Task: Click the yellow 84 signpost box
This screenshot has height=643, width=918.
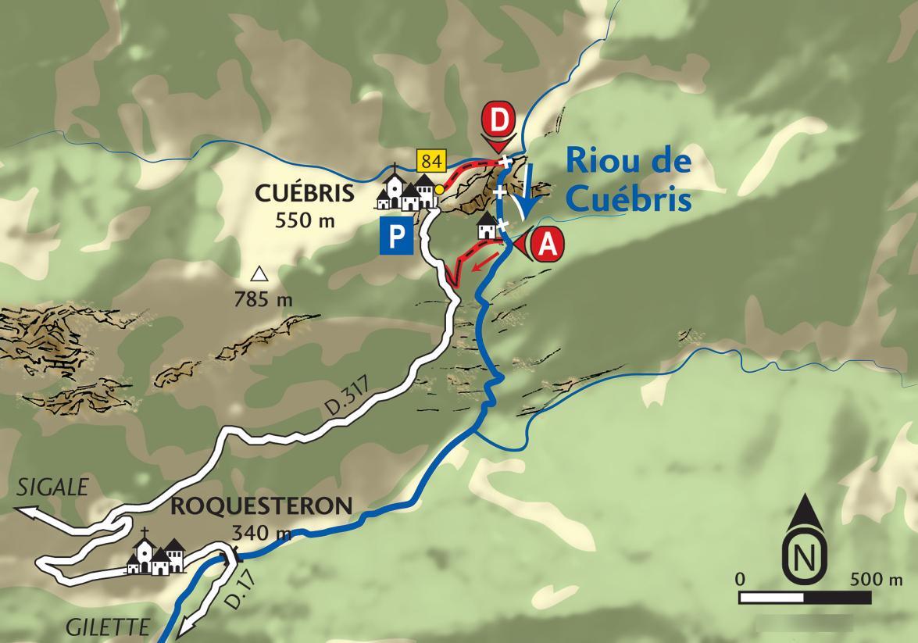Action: [430, 162]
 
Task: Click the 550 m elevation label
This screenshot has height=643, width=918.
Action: [305, 220]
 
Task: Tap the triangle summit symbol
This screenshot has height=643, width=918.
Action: [258, 274]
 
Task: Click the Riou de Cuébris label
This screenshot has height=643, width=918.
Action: [629, 180]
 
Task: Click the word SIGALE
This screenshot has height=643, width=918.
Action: [49, 490]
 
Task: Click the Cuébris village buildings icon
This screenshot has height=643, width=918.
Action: [406, 191]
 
